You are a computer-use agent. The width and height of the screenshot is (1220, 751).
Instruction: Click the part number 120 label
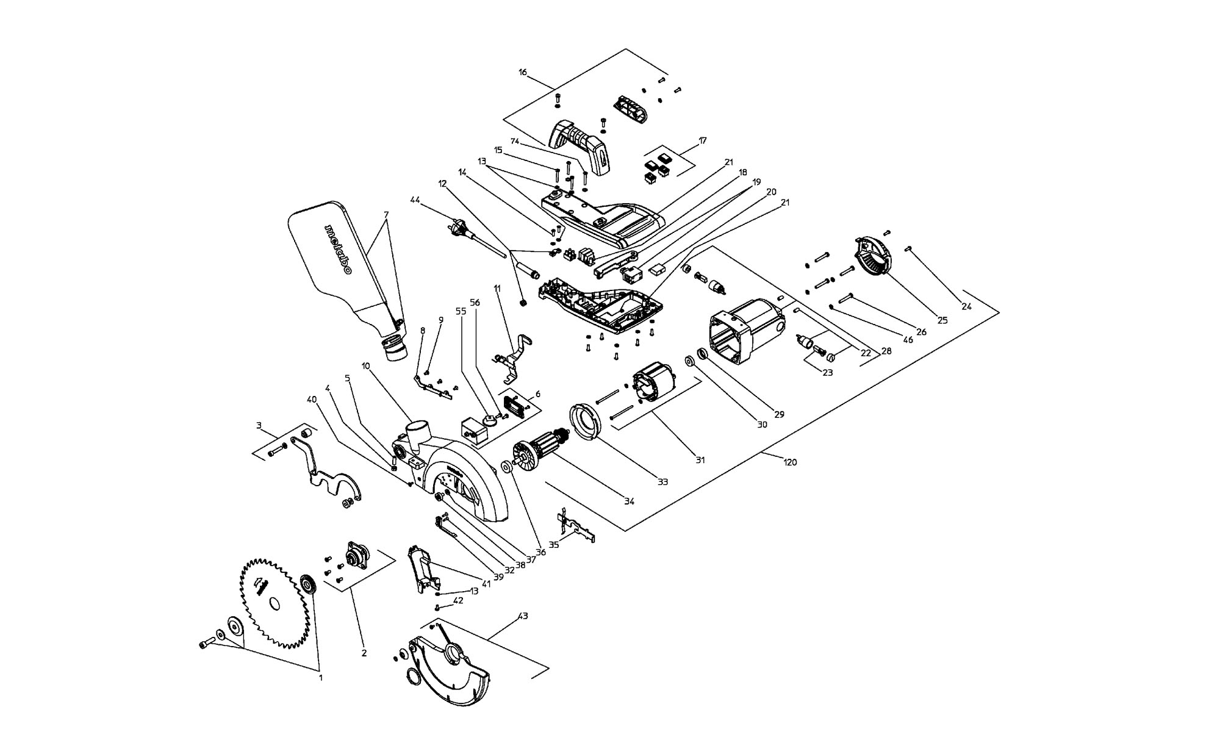tap(790, 462)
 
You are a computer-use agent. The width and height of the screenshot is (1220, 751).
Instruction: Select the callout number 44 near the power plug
tap(415, 200)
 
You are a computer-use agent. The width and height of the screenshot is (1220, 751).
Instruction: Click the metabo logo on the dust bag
tap(337, 250)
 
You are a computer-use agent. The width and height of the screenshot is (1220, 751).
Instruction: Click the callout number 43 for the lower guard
tap(523, 616)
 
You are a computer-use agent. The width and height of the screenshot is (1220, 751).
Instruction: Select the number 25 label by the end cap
tap(942, 320)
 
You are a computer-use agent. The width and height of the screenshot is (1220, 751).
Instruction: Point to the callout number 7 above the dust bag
tap(386, 215)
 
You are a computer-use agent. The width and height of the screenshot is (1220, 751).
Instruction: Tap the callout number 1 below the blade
tap(320, 677)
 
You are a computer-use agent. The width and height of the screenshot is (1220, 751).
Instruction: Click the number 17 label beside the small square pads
tap(703, 141)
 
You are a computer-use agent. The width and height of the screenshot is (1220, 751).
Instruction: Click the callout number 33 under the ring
tap(662, 482)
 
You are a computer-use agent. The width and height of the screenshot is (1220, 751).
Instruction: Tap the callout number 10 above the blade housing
tap(366, 366)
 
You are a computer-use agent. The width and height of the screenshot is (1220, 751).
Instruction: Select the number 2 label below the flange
tap(364, 653)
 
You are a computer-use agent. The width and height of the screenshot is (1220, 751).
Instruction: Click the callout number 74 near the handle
tap(515, 142)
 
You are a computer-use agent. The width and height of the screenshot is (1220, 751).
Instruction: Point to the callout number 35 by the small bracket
tap(554, 545)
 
